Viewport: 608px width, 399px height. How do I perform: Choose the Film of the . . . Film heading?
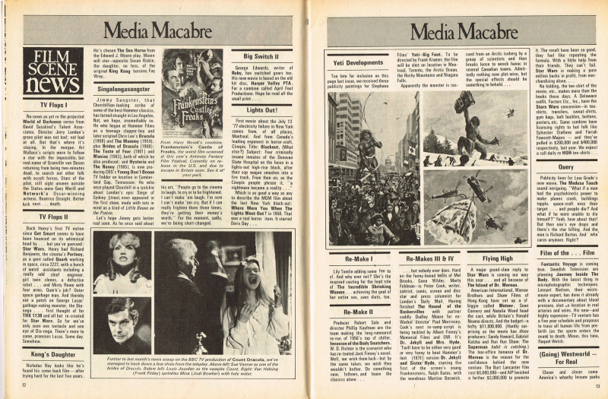[565, 252]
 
